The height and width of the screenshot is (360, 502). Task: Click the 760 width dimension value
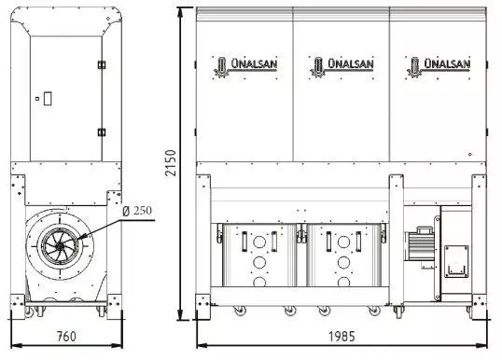[66, 337]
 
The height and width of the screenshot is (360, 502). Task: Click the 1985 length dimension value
[342, 337]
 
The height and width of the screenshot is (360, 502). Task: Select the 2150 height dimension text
[172, 163]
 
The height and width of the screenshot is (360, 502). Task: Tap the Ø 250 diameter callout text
[137, 211]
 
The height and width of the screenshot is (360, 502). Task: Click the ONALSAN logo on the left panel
[245, 66]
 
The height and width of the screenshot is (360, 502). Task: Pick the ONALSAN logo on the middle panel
[342, 66]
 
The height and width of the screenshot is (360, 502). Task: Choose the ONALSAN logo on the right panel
[439, 66]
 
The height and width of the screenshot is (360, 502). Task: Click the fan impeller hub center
[60, 246]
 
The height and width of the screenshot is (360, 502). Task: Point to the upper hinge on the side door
[102, 64]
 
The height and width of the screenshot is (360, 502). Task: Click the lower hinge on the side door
[102, 132]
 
